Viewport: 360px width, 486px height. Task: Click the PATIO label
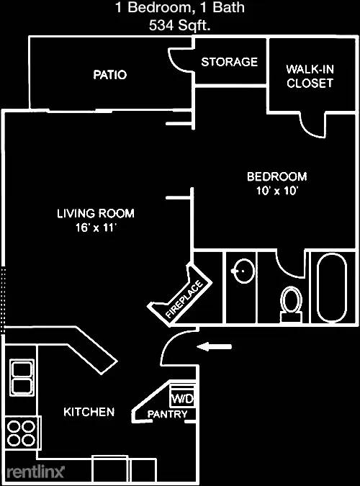tap(109, 75)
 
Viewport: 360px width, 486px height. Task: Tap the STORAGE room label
tap(229, 62)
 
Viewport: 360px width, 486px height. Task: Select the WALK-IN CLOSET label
tap(310, 76)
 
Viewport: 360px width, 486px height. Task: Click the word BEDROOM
tap(276, 176)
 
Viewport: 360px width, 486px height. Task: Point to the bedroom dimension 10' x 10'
tap(276, 191)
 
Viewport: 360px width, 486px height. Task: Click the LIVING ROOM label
tap(96, 214)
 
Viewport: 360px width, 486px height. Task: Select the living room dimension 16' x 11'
tap(96, 228)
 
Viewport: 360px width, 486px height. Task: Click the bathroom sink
tap(243, 272)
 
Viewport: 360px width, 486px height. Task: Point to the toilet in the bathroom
tap(291, 301)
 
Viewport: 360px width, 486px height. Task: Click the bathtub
tap(332, 288)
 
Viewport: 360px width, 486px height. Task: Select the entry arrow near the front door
tap(215, 347)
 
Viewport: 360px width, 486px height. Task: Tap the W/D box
tap(181, 397)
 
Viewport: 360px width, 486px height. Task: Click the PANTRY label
tap(167, 415)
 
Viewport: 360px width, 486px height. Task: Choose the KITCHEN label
tap(89, 412)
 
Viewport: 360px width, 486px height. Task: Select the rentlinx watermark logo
tap(35, 472)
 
